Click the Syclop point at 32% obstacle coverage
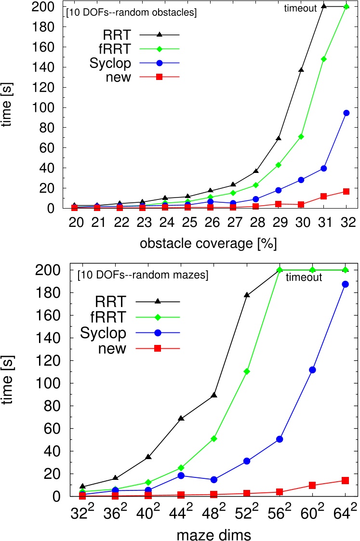click(x=346, y=113)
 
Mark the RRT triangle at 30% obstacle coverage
click(x=301, y=70)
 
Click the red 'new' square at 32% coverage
click(x=346, y=191)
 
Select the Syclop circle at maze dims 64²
click(x=346, y=284)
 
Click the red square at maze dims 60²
click(x=313, y=485)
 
